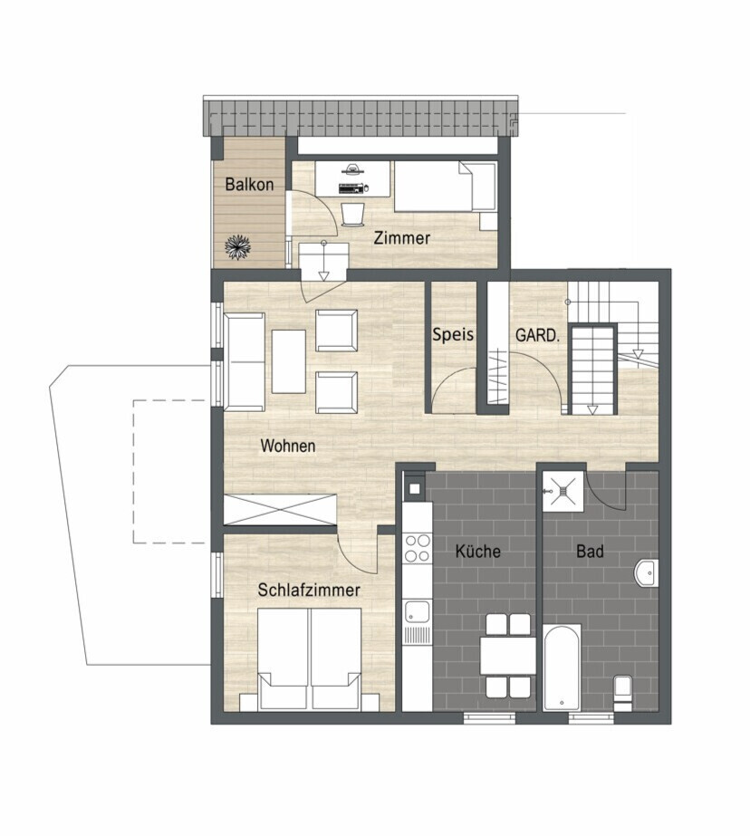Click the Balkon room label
(x=249, y=185)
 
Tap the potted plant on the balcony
(x=237, y=247)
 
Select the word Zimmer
(x=401, y=238)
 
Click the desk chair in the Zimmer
(x=351, y=214)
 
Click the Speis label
(x=453, y=335)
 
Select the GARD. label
(x=537, y=336)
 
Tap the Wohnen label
(x=288, y=446)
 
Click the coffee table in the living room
(x=289, y=361)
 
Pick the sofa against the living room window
(x=245, y=362)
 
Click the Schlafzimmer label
(x=309, y=590)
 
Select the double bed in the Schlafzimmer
(x=310, y=659)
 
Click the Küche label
(x=477, y=551)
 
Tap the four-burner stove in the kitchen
(x=417, y=548)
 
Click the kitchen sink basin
(x=417, y=611)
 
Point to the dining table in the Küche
(x=507, y=655)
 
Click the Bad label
(x=590, y=551)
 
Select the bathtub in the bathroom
(x=562, y=667)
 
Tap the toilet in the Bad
(x=622, y=694)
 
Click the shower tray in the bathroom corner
(x=562, y=491)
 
